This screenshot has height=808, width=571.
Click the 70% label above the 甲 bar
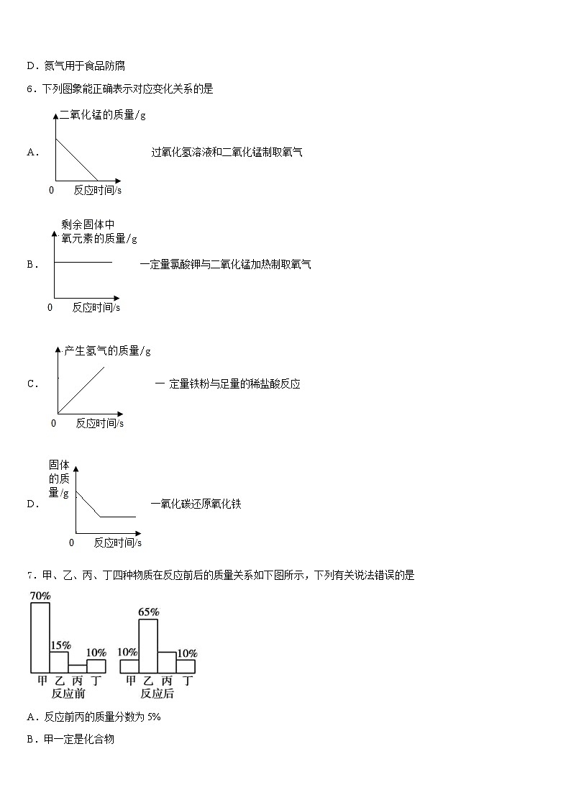click(x=40, y=596)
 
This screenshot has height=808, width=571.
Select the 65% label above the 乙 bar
click(x=148, y=612)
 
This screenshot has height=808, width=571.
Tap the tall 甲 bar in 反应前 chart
click(x=40, y=637)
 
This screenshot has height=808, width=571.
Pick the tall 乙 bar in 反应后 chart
click(x=148, y=645)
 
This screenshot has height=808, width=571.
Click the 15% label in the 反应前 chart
click(x=60, y=645)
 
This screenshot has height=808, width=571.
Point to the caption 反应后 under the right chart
click(x=157, y=694)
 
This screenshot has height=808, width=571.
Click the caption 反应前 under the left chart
click(x=68, y=694)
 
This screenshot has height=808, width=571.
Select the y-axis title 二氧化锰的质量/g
click(x=103, y=115)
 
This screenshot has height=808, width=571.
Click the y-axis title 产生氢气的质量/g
click(x=107, y=350)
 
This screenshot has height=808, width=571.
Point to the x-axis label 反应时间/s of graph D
click(x=117, y=543)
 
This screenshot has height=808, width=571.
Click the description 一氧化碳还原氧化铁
click(x=196, y=504)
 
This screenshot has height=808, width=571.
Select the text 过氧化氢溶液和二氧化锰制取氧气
click(x=227, y=152)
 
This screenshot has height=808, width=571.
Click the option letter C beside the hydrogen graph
click(x=32, y=384)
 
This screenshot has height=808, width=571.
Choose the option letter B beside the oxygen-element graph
click(x=32, y=265)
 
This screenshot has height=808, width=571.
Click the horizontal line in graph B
click(x=83, y=262)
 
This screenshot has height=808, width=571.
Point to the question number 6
click(x=29, y=89)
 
